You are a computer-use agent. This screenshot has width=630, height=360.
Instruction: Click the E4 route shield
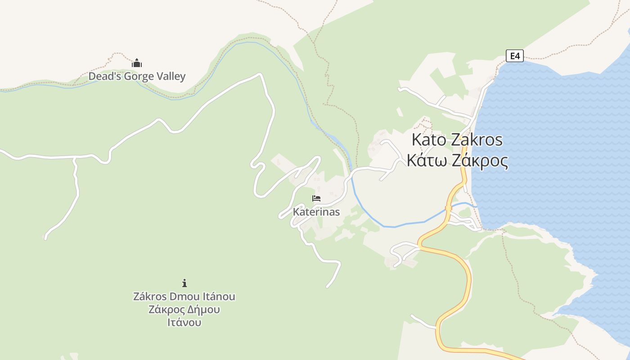515,56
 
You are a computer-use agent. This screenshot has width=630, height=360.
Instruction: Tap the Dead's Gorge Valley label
137,76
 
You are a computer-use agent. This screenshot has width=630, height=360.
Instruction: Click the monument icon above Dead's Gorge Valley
137,63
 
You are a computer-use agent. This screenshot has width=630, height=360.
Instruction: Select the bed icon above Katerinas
316,198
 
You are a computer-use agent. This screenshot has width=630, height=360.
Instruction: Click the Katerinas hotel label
316,211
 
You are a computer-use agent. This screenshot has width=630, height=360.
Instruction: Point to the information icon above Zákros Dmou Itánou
184,283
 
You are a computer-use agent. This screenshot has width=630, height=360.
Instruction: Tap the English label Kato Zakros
457,140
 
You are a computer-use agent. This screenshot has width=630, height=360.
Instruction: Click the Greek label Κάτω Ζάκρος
457,161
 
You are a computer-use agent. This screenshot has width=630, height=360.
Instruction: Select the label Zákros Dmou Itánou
184,297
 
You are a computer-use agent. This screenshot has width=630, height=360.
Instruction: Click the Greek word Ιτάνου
184,323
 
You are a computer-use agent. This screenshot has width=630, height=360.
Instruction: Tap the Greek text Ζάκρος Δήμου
184,310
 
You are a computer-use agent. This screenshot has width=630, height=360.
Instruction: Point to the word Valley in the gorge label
171,76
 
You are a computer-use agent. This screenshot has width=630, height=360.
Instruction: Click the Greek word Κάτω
427,161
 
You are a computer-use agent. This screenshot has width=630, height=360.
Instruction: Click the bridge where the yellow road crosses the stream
448,208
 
